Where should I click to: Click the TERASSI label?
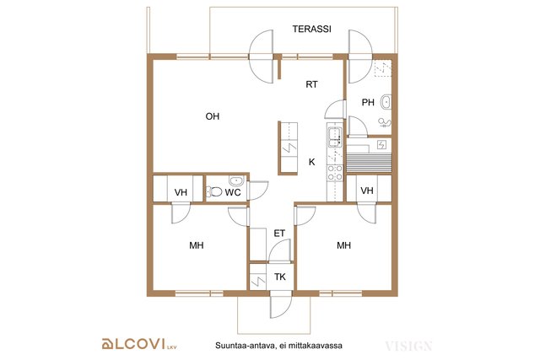click(x=311, y=29)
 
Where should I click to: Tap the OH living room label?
click(x=212, y=116)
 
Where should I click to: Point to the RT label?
click(x=311, y=84)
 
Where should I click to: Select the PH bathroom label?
click(x=368, y=102)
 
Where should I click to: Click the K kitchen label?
click(x=311, y=162)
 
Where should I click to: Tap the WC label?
click(x=233, y=192)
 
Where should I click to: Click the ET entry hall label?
click(x=279, y=234)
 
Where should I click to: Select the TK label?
click(x=280, y=277)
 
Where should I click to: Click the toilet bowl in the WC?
click(x=214, y=191)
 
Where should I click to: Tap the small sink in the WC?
click(x=236, y=180)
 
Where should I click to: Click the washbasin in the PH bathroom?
click(x=386, y=102)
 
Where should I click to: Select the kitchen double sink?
click(x=334, y=137)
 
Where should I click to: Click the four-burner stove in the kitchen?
click(x=335, y=173)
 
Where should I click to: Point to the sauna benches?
click(x=370, y=162)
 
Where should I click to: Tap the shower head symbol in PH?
click(x=385, y=122)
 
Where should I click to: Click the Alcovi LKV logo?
click(x=139, y=344)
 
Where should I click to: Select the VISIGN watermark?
click(x=408, y=346)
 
